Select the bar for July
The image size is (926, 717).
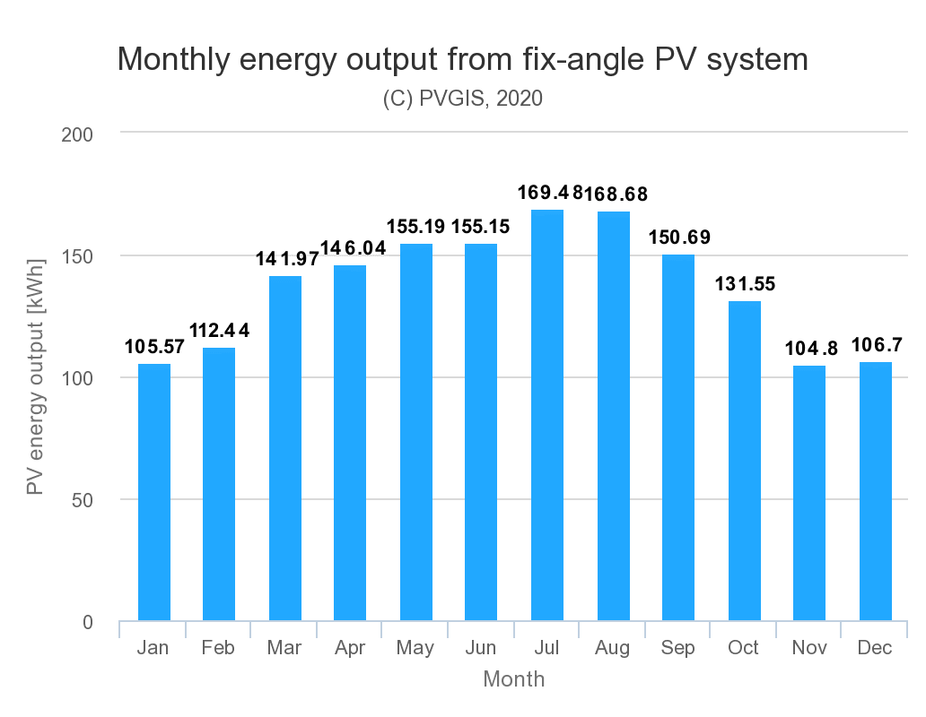point(546,415)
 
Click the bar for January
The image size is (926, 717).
point(154,492)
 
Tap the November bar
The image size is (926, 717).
point(809,493)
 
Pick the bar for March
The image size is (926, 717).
point(285,448)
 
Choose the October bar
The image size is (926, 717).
point(744,461)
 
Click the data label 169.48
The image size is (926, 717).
point(550,192)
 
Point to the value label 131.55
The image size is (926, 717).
point(745,283)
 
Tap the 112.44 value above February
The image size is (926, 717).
point(219,330)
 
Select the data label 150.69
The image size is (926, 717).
point(679,237)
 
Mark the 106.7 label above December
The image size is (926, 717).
point(877,344)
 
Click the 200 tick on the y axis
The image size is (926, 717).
point(77,134)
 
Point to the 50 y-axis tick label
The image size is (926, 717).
point(83,501)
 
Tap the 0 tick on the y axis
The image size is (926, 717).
point(88,622)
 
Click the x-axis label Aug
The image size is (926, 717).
point(613,647)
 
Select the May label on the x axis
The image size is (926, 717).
point(415,648)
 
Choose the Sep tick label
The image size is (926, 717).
point(677,648)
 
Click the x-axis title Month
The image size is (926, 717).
point(514,679)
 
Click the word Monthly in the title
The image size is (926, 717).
point(174,59)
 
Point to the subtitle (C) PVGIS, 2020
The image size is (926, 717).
point(462,98)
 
